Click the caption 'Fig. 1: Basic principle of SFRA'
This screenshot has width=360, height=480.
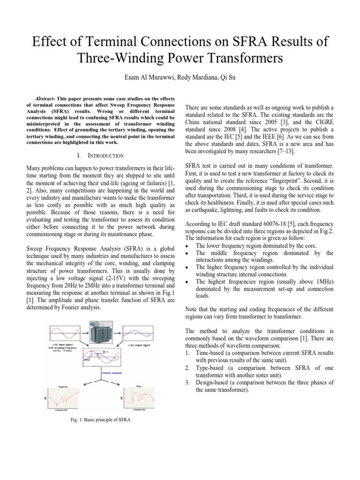click(99, 420)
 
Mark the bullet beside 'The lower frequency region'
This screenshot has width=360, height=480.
click(188, 246)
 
